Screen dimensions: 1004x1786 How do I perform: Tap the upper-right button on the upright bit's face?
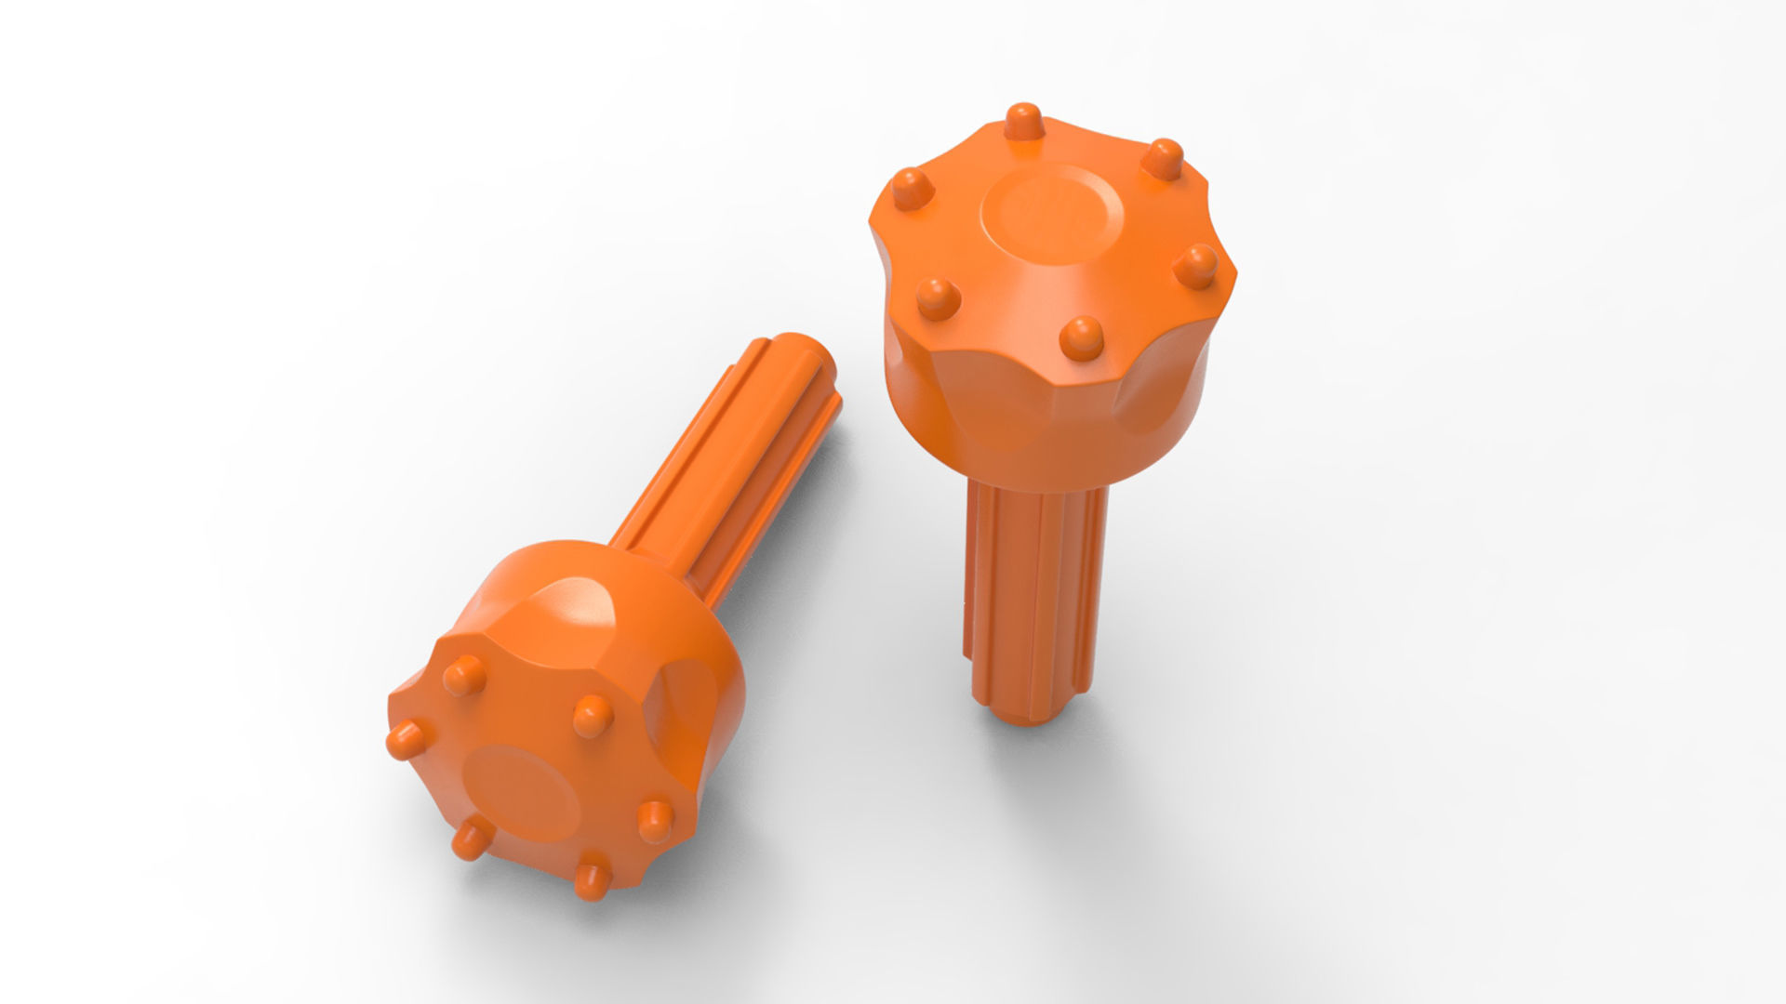click(x=1163, y=157)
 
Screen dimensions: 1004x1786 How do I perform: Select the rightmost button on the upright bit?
click(x=1195, y=266)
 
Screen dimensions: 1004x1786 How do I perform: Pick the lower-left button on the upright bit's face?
click(x=938, y=297)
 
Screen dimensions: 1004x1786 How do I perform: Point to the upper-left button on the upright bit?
click(x=908, y=190)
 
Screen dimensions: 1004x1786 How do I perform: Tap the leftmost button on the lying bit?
click(x=404, y=740)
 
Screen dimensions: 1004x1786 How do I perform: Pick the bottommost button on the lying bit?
click(x=589, y=880)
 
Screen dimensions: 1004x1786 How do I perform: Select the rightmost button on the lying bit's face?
click(x=655, y=820)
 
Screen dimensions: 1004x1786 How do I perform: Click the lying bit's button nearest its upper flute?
click(x=591, y=715)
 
